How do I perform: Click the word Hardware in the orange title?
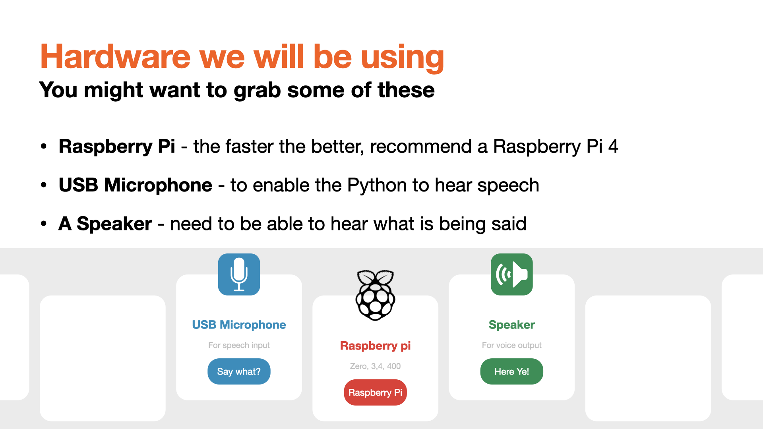pyautogui.click(x=116, y=56)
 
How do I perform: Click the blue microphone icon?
pyautogui.click(x=239, y=274)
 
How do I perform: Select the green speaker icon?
pyautogui.click(x=511, y=274)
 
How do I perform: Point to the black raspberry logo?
pyautogui.click(x=375, y=295)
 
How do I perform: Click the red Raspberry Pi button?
pyautogui.click(x=375, y=392)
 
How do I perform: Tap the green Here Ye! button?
pyautogui.click(x=511, y=371)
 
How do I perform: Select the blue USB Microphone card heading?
pyautogui.click(x=239, y=325)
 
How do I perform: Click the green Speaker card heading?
pyautogui.click(x=511, y=325)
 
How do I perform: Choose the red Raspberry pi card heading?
pyautogui.click(x=375, y=346)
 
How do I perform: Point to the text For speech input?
pyautogui.click(x=239, y=345)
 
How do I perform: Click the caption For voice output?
pyautogui.click(x=511, y=345)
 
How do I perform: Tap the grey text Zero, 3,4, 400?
pyautogui.click(x=375, y=366)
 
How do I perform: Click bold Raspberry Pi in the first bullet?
pyautogui.click(x=117, y=147)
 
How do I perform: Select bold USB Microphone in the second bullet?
pyautogui.click(x=136, y=185)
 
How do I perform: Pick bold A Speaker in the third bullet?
pyautogui.click(x=105, y=224)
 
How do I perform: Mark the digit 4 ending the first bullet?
pyautogui.click(x=613, y=147)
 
